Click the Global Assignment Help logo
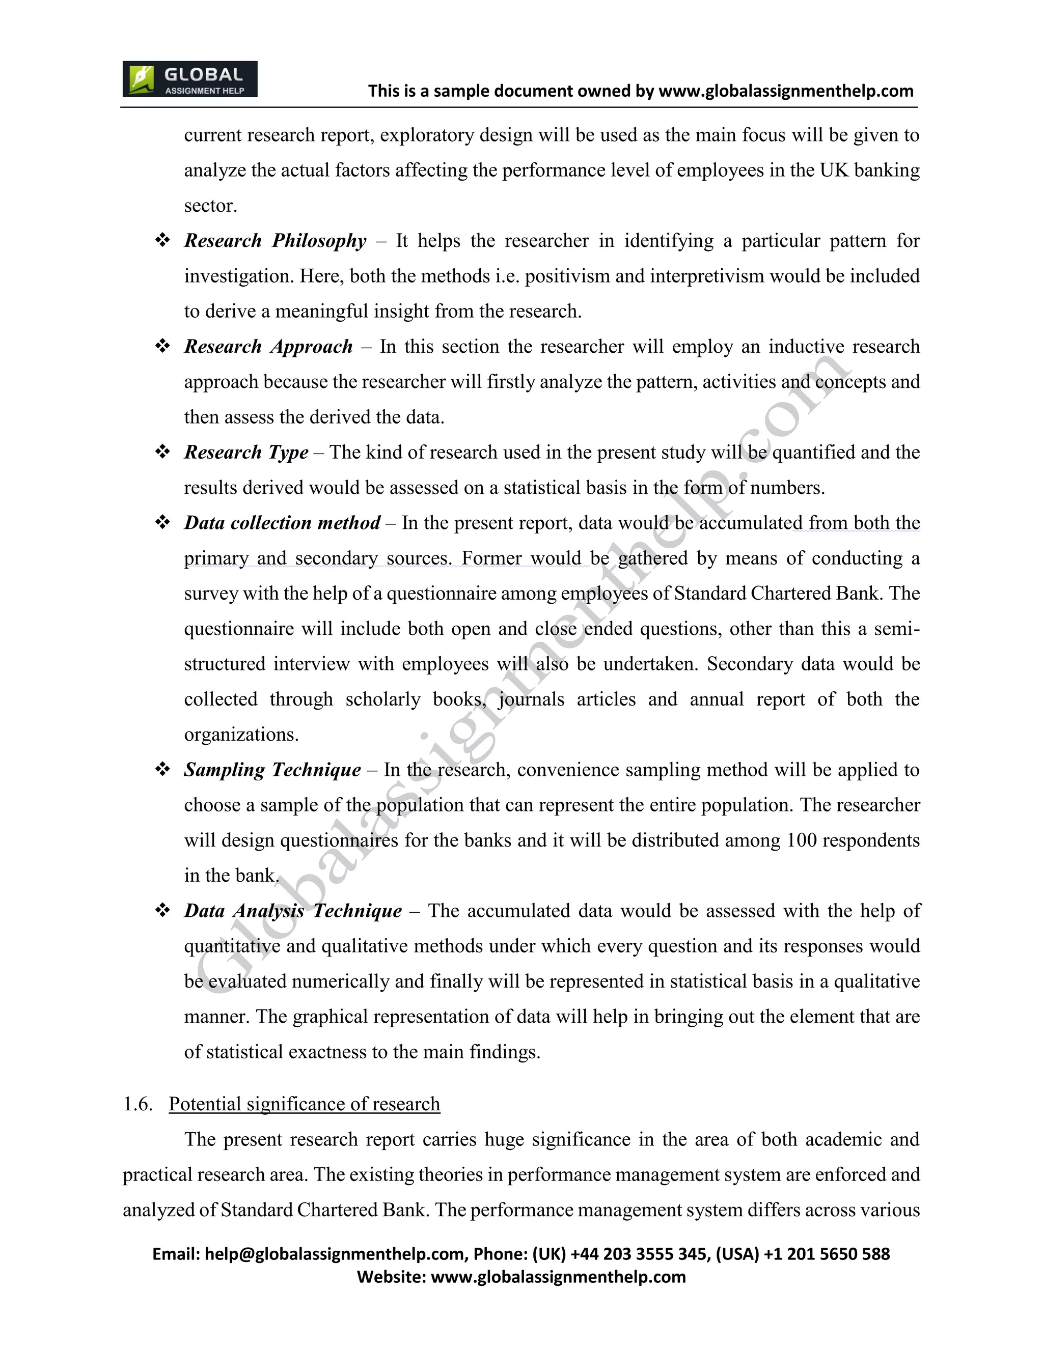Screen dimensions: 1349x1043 point(189,79)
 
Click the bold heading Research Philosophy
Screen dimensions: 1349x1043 point(275,241)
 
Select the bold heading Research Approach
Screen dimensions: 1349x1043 point(268,347)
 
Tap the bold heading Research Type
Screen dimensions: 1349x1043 point(246,452)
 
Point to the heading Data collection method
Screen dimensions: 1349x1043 point(282,523)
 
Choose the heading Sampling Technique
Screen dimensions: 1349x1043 point(272,770)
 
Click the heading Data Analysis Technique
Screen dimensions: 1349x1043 point(293,911)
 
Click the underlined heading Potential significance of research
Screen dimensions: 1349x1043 point(304,1104)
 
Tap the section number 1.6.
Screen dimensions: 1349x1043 point(138,1104)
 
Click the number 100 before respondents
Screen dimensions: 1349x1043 point(802,840)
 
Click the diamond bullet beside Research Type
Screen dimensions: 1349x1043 point(162,452)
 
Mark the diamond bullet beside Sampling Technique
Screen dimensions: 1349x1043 point(162,770)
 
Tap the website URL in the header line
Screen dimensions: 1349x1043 point(786,92)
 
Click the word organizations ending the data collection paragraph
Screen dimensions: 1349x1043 point(241,735)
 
